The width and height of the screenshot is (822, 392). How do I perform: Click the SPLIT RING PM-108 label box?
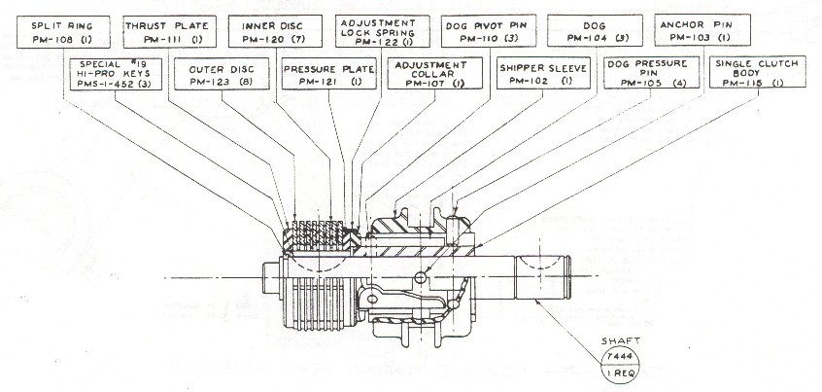click(x=60, y=31)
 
